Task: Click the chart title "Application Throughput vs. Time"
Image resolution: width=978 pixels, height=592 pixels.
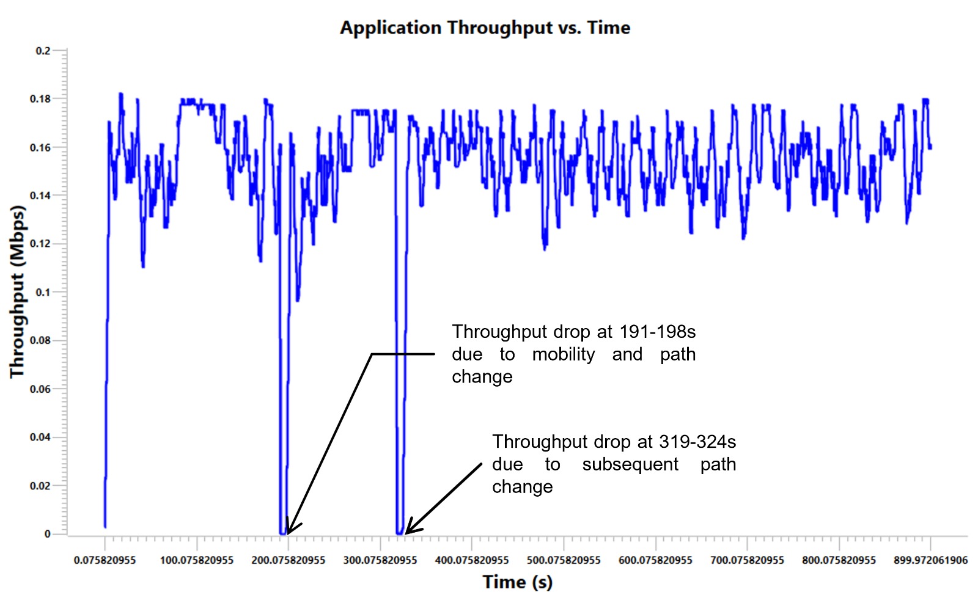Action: [x=485, y=28]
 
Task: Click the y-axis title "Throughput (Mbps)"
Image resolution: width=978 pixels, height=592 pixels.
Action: [x=18, y=291]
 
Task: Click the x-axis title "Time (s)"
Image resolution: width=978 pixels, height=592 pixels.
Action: [x=517, y=582]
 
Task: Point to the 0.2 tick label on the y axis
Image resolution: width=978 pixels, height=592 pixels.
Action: [x=43, y=51]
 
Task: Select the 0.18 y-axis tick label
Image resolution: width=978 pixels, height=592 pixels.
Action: [x=40, y=99]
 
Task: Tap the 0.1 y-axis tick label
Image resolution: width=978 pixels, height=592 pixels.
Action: [x=43, y=292]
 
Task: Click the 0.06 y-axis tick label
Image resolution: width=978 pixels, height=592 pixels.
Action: [x=40, y=389]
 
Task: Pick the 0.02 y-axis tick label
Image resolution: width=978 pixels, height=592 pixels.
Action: [x=40, y=486]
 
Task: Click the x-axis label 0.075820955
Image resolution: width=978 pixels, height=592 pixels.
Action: [x=105, y=560]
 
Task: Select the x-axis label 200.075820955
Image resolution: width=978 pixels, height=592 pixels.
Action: [x=288, y=560]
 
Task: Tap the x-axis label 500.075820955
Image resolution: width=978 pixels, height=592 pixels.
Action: [x=564, y=560]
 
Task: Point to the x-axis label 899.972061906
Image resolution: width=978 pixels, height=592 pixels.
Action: [x=930, y=560]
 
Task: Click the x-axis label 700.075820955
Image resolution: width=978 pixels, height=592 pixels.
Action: [x=747, y=560]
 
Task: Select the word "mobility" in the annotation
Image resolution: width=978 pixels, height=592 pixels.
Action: [x=563, y=354]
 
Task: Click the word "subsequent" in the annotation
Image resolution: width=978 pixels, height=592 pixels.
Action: [x=630, y=464]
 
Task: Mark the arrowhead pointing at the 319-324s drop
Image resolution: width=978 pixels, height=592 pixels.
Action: [x=408, y=529]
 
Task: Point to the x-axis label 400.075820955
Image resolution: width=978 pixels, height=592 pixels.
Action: [x=472, y=560]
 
